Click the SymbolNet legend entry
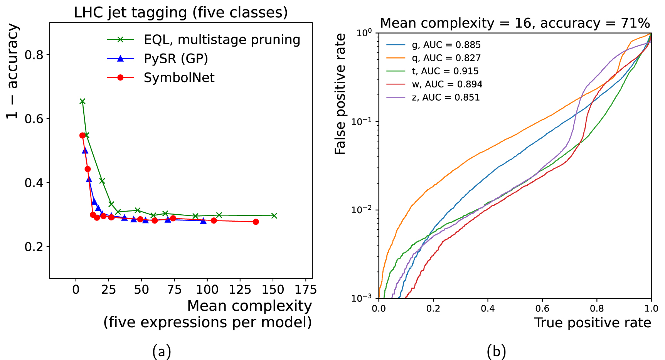tap(179, 78)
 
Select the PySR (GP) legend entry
tap(176, 59)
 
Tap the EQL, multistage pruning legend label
tap(222, 40)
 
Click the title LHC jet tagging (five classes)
tap(181, 12)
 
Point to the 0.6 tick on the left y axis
tap(34, 118)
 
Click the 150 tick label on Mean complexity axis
tap(273, 289)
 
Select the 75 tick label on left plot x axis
tap(174, 289)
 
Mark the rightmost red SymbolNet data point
tap(256, 222)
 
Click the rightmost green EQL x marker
tap(274, 216)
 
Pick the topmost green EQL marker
tap(82, 101)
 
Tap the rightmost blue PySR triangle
tap(203, 221)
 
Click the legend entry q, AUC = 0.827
tap(446, 58)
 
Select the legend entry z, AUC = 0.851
tap(446, 98)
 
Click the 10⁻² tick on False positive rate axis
tap(362, 210)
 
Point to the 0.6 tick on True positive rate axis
tap(542, 309)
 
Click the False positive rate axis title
tap(340, 94)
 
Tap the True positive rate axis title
tap(592, 323)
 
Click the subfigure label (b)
tap(496, 352)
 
